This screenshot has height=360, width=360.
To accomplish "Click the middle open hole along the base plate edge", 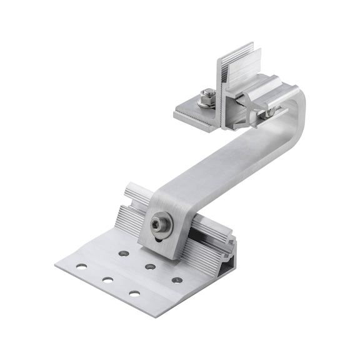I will (107, 279).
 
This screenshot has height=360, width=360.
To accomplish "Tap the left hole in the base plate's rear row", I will (124, 254).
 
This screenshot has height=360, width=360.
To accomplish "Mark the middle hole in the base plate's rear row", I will (150, 266).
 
